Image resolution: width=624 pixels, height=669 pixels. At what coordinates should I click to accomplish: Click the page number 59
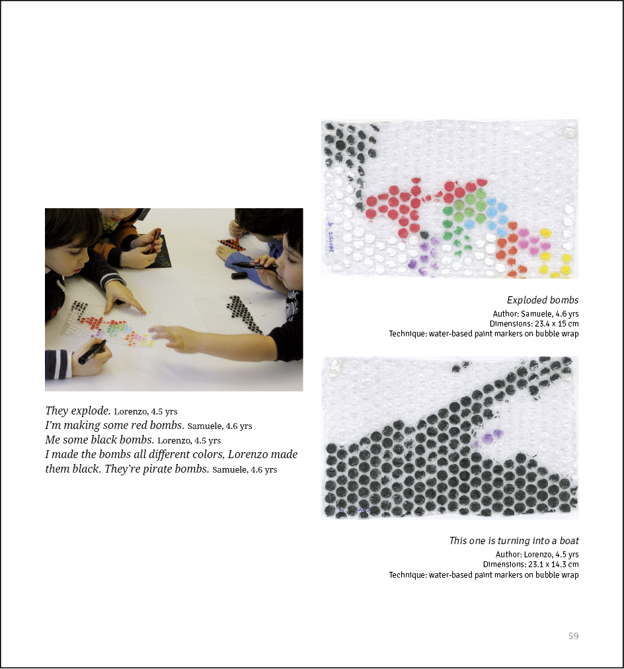tap(573, 636)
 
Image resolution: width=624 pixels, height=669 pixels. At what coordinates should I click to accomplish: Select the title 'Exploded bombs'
tap(542, 300)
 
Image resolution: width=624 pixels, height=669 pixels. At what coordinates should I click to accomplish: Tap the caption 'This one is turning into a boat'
tap(514, 541)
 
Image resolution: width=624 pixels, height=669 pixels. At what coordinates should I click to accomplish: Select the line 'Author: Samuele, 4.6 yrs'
tap(535, 313)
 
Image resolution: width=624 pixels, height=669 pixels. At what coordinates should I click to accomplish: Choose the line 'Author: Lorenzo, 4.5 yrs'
tap(537, 554)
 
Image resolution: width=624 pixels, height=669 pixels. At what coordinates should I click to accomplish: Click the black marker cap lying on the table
tap(239, 276)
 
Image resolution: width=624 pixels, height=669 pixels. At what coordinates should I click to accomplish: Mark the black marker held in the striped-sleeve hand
tap(92, 352)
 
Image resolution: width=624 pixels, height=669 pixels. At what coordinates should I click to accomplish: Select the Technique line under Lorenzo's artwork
tap(483, 575)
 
